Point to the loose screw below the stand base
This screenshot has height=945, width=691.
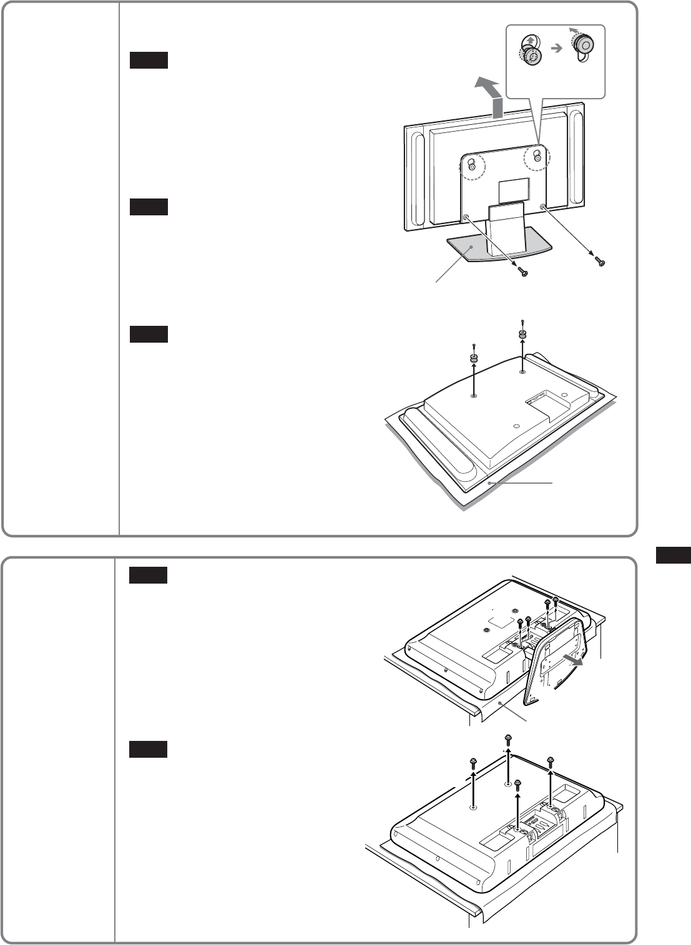coord(522,270)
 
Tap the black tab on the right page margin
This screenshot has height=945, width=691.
coord(674,555)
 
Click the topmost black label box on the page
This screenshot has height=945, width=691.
coord(149,60)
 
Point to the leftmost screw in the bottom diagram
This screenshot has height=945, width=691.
coord(473,763)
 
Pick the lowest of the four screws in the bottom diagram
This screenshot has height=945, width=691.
coord(517,783)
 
